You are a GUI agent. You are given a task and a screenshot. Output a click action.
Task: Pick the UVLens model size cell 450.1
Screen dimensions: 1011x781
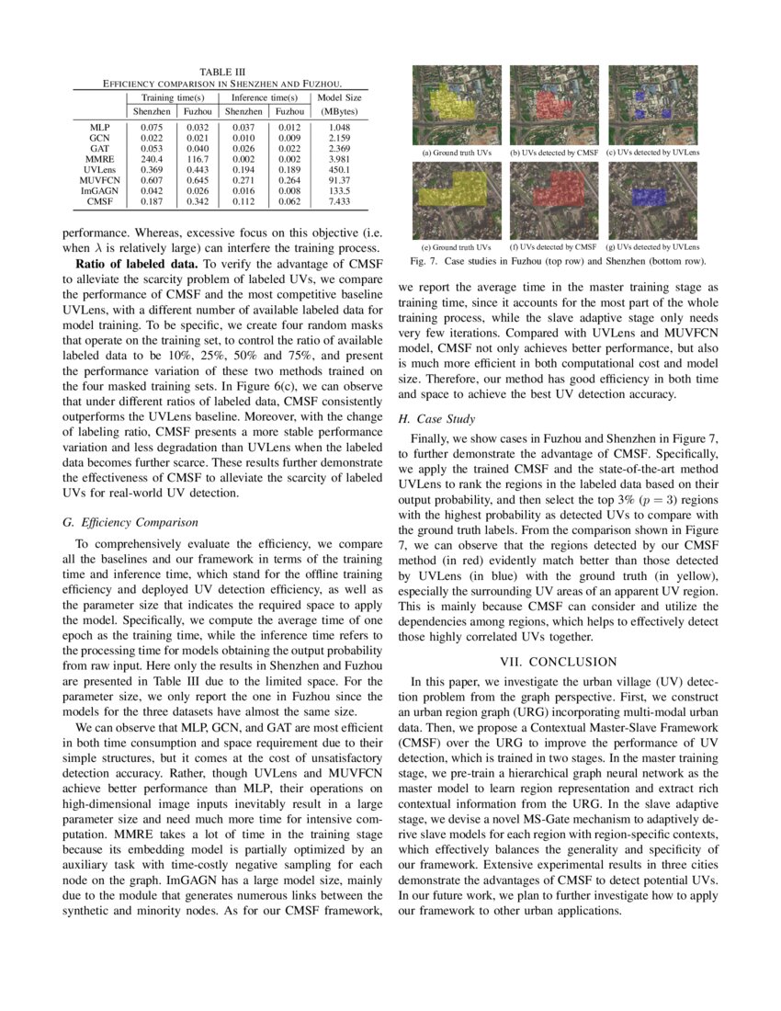(339, 168)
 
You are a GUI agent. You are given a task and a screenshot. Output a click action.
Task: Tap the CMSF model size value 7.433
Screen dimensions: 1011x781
(339, 200)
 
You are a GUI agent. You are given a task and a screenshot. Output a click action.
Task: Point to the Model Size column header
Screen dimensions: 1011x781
(339, 97)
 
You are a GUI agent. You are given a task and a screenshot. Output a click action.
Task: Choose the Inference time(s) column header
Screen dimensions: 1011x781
(264, 97)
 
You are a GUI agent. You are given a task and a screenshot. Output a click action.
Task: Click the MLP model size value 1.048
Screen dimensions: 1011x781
(339, 126)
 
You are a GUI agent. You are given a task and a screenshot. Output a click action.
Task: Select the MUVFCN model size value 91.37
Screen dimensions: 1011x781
(339, 179)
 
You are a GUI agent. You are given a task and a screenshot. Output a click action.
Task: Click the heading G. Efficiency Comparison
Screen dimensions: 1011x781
(130, 522)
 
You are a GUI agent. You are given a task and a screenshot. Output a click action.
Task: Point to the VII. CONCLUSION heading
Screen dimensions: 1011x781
(559, 662)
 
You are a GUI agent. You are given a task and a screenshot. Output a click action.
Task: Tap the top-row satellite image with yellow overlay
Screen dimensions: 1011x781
(457, 104)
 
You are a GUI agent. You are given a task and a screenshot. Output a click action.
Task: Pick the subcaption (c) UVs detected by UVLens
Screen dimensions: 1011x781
(652, 151)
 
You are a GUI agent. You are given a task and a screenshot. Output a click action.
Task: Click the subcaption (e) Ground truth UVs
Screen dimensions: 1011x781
(457, 246)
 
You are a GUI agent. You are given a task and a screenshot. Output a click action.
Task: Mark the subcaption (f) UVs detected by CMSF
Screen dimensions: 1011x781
(553, 246)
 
